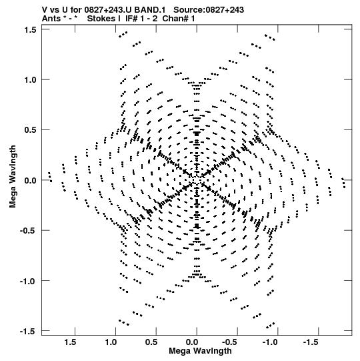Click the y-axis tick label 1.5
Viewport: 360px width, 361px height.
point(30,30)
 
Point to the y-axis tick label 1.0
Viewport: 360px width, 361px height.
point(30,80)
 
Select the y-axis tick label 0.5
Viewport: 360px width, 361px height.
point(30,130)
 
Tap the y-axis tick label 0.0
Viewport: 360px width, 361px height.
point(30,180)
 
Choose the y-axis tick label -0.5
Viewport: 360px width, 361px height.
point(29,231)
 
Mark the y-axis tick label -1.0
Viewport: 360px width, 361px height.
point(29,281)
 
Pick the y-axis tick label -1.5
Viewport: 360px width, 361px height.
point(29,331)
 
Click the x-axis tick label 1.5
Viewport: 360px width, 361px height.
point(70,342)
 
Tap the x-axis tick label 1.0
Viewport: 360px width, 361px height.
point(111,342)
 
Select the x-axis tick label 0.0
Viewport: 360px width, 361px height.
point(192,342)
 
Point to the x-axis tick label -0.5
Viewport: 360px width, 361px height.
point(231,342)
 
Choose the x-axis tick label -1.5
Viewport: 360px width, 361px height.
point(311,342)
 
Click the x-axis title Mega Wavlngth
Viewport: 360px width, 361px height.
point(200,351)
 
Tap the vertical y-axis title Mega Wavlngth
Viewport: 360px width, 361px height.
point(13,177)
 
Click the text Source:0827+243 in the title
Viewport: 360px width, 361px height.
point(209,10)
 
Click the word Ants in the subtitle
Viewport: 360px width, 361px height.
point(51,19)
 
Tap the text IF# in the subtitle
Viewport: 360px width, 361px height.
point(132,19)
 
